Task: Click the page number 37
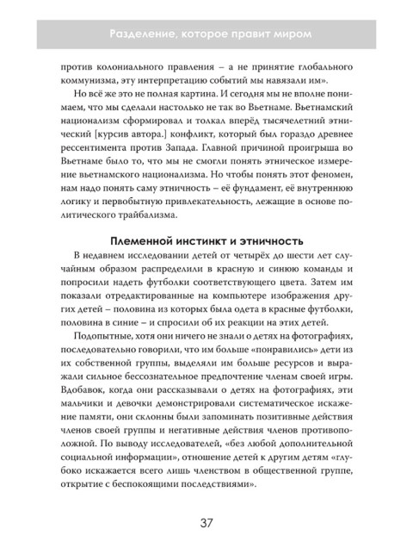(x=206, y=522)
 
